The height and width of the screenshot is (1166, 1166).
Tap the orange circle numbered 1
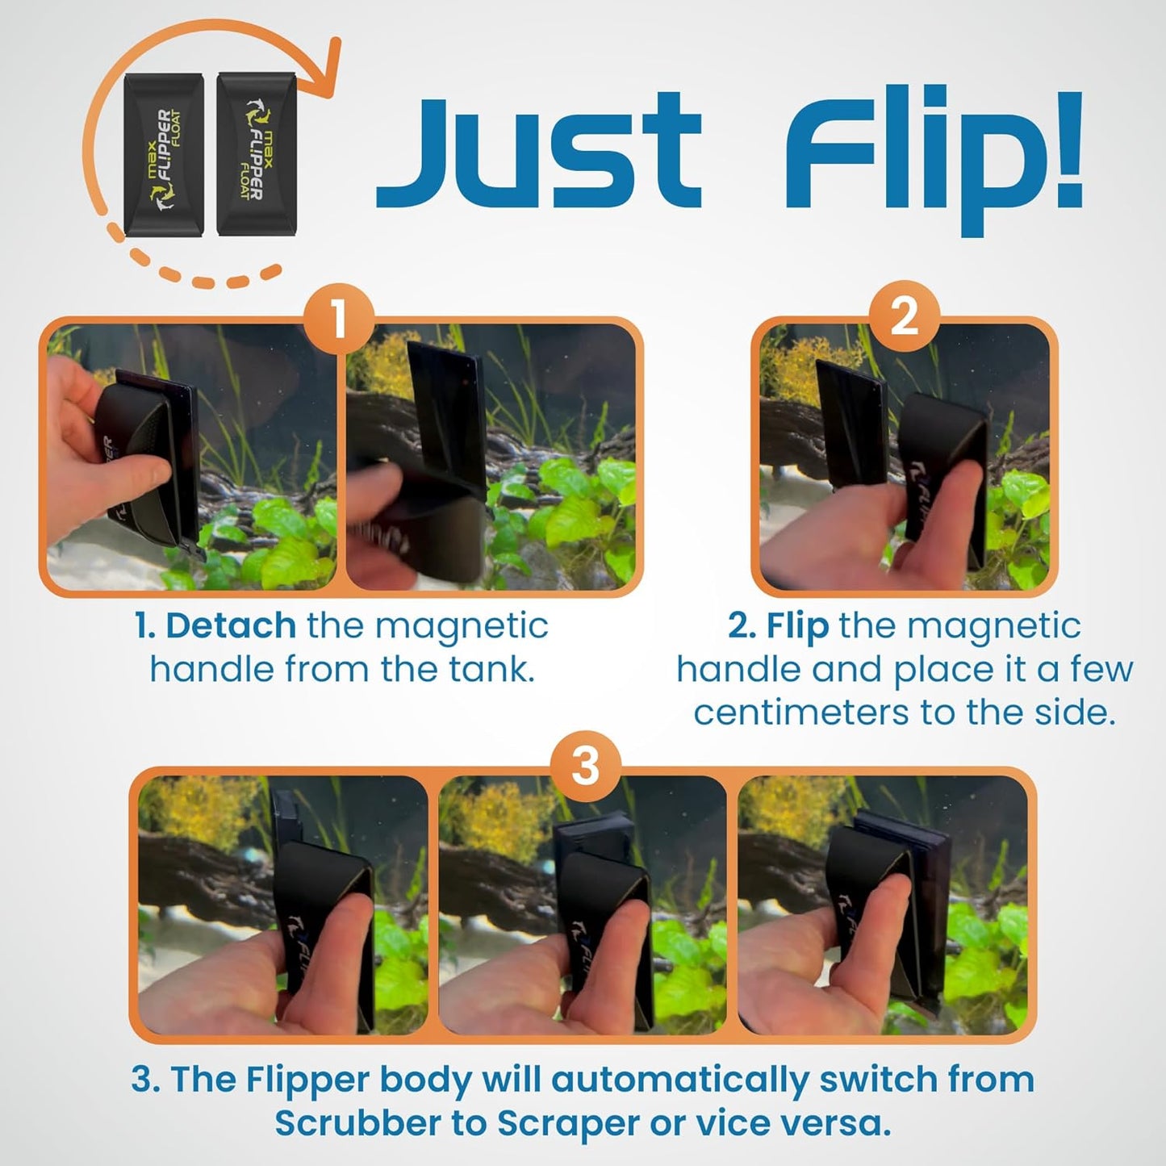click(339, 319)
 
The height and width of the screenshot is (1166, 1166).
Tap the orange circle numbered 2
click(904, 316)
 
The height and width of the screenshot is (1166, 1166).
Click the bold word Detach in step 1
click(231, 627)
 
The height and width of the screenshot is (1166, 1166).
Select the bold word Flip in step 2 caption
click(797, 627)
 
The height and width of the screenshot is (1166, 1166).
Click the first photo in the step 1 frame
click(192, 457)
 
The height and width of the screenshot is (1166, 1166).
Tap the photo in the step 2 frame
click(905, 457)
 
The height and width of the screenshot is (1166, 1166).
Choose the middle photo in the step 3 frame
click(583, 904)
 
